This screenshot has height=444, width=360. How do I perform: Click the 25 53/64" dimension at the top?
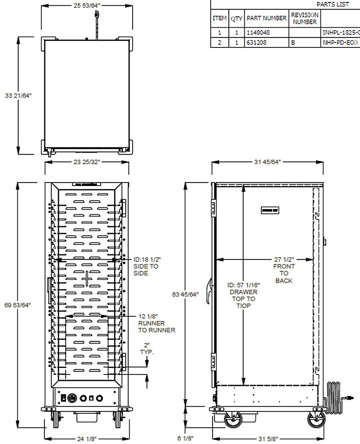point(87,6)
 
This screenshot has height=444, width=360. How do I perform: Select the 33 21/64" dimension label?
point(18,96)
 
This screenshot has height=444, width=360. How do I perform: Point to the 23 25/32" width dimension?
point(87,161)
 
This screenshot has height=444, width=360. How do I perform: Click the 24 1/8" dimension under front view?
point(87,438)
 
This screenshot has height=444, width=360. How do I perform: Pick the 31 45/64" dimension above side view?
point(267,161)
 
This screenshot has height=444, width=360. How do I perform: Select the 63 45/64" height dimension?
point(185,295)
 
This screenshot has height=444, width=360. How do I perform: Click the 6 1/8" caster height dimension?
point(185,438)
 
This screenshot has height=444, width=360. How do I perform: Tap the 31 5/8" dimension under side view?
point(267,438)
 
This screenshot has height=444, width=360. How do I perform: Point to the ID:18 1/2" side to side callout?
point(147,266)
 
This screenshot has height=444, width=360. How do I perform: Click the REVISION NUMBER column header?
point(304,18)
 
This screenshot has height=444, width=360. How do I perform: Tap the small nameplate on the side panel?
point(270,211)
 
